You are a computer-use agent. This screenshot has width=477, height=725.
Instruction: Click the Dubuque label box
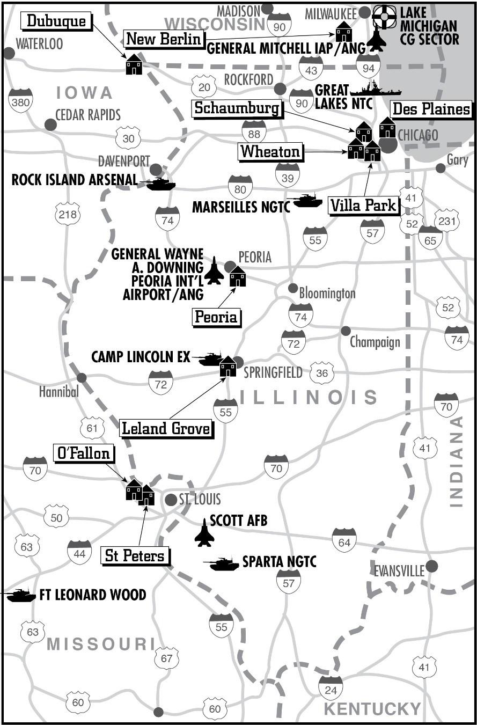click(x=56, y=21)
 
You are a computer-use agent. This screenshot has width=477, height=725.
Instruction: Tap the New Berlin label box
click(x=164, y=39)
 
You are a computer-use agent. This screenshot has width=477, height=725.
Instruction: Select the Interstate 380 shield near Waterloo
click(x=20, y=101)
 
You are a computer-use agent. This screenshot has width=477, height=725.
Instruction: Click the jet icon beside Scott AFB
click(x=204, y=532)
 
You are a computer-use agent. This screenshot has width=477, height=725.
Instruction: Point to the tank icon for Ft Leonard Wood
click(x=19, y=595)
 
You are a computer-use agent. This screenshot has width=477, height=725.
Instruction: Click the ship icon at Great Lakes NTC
click(x=367, y=90)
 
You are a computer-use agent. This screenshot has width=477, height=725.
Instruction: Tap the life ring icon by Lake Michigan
click(x=384, y=17)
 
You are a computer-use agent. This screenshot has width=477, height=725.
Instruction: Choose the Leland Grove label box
click(x=166, y=428)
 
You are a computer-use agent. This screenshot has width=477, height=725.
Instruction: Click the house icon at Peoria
click(x=237, y=277)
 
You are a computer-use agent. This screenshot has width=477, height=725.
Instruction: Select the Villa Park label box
click(x=364, y=205)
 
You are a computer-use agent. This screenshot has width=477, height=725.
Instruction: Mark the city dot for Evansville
click(x=432, y=566)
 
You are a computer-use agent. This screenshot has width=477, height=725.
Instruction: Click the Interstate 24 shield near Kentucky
click(x=331, y=688)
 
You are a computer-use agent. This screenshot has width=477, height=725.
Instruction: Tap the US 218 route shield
click(x=68, y=214)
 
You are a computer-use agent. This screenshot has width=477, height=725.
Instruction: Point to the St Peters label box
click(x=135, y=555)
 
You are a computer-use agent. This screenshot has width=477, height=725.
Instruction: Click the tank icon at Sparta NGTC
click(x=221, y=563)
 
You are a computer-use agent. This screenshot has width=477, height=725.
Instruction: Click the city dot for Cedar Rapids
click(x=50, y=125)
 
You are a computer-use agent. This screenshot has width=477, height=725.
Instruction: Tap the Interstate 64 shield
click(x=344, y=541)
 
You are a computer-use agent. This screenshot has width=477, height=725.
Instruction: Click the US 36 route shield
click(x=322, y=372)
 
